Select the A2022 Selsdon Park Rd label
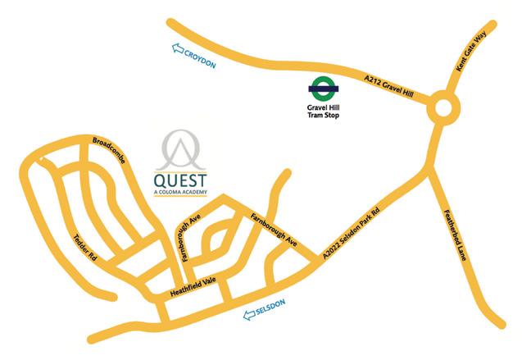[x=352, y=234]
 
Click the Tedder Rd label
[x=86, y=245]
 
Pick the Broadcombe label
[x=108, y=148]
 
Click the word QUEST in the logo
[x=181, y=180]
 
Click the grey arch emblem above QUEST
[x=181, y=148]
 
